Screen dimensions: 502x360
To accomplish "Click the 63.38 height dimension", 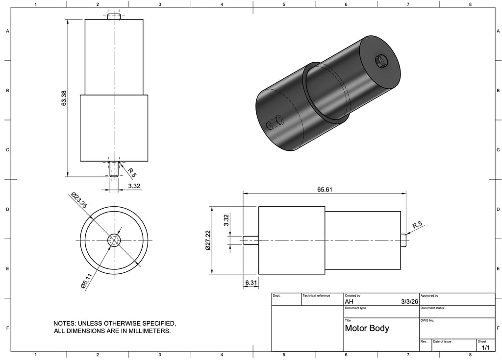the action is [x=64, y=98].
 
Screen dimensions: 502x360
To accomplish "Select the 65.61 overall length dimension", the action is [x=325, y=190].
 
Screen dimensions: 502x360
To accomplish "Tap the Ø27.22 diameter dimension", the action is [x=208, y=240].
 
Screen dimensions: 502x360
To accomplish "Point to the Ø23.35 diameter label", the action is [x=79, y=200].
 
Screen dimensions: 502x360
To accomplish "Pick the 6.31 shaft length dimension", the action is [x=251, y=283].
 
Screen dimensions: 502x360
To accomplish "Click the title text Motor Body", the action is [x=367, y=328].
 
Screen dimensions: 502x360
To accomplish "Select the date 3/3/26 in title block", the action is [x=409, y=301].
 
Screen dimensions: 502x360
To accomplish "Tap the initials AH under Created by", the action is [x=349, y=301].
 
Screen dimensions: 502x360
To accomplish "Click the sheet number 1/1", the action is [x=486, y=348].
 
